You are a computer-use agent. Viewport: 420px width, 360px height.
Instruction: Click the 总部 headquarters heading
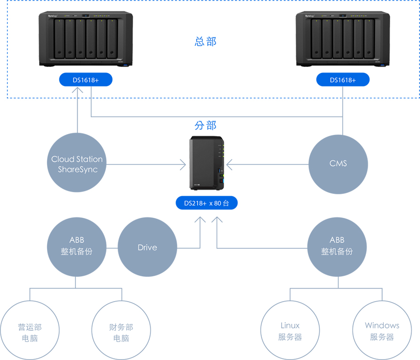point(205,41)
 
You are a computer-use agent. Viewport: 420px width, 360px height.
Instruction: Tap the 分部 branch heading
point(205,126)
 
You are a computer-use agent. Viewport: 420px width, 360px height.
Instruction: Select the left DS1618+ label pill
point(86,80)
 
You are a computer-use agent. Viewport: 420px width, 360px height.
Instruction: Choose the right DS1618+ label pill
point(342,80)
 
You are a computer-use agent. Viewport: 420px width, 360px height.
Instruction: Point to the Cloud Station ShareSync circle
point(77,164)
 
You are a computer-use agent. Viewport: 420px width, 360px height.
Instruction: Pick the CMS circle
point(338,163)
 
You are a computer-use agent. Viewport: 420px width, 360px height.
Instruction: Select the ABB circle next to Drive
point(76,246)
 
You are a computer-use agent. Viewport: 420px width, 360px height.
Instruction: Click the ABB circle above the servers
point(337,246)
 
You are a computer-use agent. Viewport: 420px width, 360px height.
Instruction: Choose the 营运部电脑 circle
point(30,332)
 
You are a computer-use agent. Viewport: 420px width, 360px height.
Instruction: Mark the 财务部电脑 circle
point(121,332)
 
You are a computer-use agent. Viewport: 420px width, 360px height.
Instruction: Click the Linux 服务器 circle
point(290,331)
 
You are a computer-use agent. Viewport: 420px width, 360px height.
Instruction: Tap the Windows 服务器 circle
point(381,331)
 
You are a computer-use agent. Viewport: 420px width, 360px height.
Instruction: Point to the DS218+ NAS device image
point(206,163)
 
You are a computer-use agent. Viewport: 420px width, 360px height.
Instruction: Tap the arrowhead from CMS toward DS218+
point(229,164)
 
